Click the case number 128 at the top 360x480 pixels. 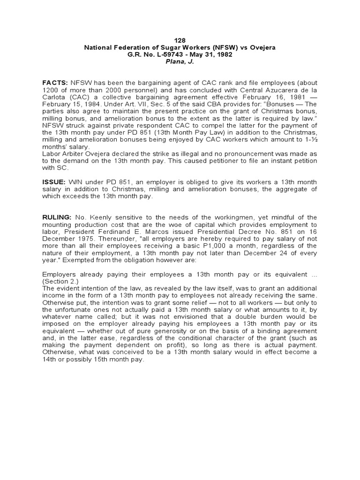click(x=180, y=40)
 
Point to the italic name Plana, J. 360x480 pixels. click(x=180, y=61)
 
